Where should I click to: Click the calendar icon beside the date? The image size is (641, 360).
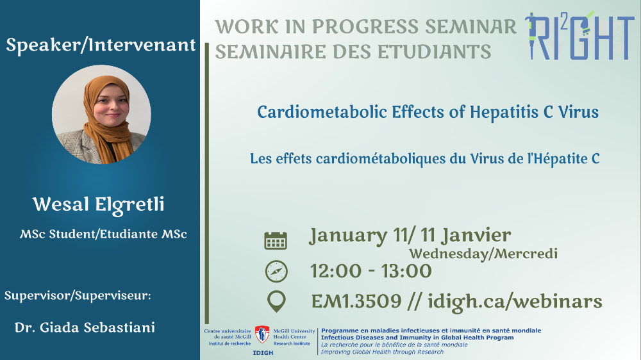(x=276, y=240)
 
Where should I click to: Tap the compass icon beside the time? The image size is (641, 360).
(x=276, y=272)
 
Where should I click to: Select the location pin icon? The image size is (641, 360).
(x=276, y=302)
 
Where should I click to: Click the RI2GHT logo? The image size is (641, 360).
(x=579, y=35)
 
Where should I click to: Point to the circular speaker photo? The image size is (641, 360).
(x=101, y=115)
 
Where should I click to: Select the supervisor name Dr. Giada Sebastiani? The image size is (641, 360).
(x=85, y=327)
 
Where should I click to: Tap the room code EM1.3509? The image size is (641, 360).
(x=356, y=302)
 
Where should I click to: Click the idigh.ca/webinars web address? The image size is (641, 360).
(x=515, y=302)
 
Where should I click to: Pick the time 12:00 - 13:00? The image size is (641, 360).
(x=370, y=272)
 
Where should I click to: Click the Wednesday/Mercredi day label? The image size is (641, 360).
(x=483, y=254)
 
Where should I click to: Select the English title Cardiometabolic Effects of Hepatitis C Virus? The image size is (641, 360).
(x=428, y=112)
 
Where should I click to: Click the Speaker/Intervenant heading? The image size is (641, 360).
(x=101, y=45)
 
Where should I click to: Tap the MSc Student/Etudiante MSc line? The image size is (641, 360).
(x=103, y=234)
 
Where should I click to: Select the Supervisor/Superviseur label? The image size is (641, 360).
(x=78, y=295)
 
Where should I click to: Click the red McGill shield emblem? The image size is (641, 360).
(x=262, y=334)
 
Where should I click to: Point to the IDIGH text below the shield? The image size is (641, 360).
(x=263, y=353)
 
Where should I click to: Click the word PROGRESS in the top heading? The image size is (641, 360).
(x=365, y=27)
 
